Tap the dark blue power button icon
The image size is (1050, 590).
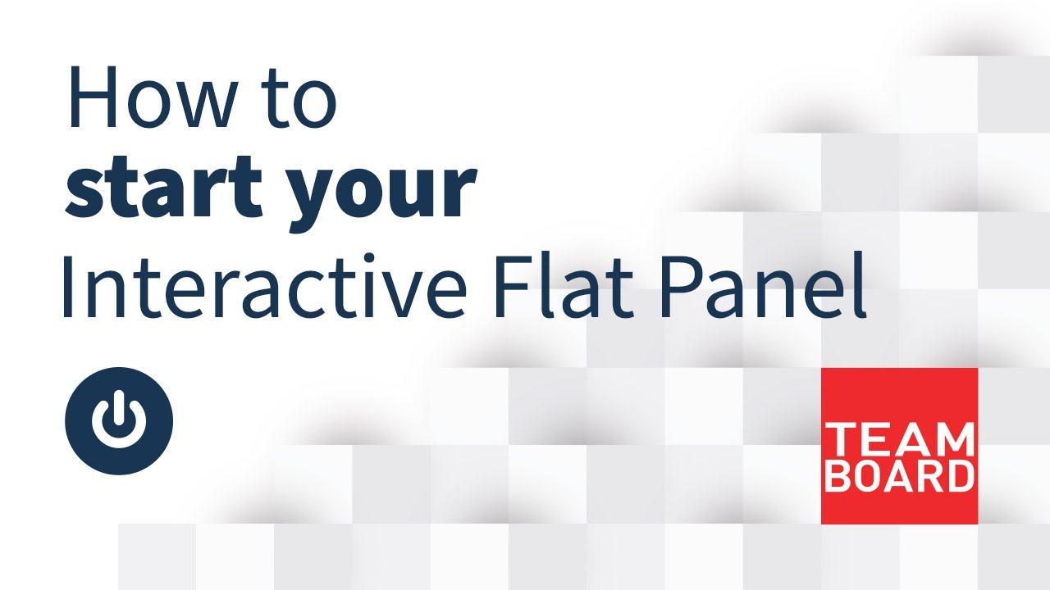coord(119,421)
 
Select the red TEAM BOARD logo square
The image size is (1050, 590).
coord(899,445)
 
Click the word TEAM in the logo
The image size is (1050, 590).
coord(899,441)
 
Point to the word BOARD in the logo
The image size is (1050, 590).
coord(899,476)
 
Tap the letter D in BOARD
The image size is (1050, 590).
coord(958,476)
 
